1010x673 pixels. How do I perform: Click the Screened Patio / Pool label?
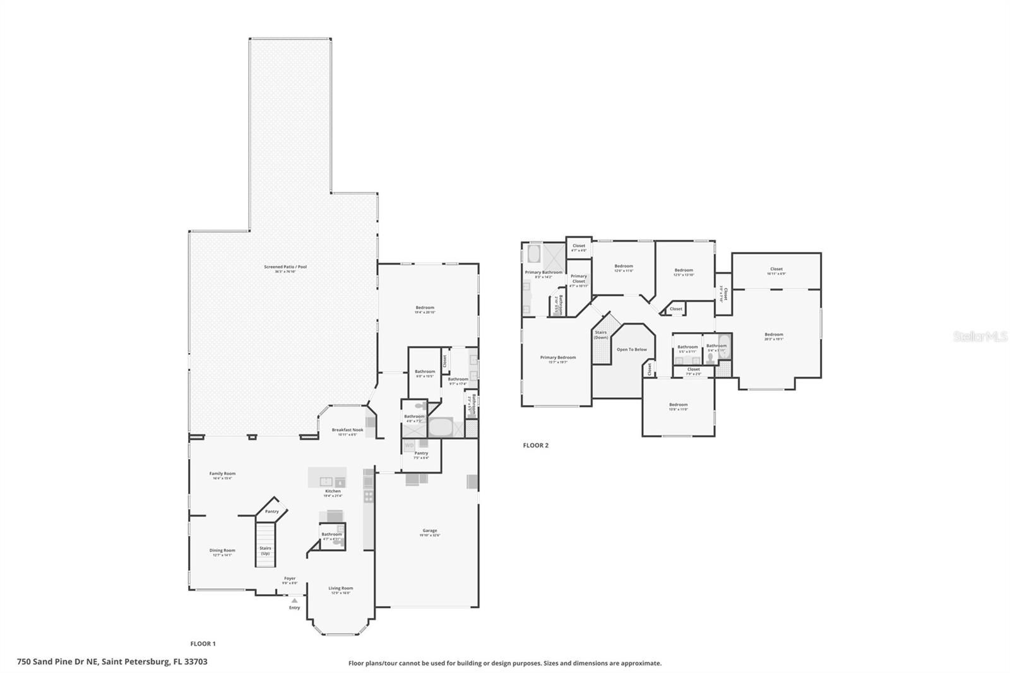(x=285, y=267)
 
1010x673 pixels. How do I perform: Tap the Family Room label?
(x=222, y=473)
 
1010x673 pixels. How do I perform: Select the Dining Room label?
(x=222, y=551)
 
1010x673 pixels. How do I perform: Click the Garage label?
(x=429, y=531)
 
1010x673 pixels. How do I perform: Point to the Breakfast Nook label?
(x=347, y=430)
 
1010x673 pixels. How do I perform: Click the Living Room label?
(x=340, y=588)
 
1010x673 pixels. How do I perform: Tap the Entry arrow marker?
(x=294, y=600)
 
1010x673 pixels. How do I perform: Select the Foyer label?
(x=290, y=578)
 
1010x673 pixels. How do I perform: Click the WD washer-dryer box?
(x=409, y=446)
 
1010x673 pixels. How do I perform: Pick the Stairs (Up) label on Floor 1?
(x=265, y=551)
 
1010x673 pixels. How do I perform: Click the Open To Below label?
(x=631, y=349)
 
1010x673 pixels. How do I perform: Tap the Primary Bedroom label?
(x=557, y=357)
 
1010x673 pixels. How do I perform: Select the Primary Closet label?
(x=578, y=278)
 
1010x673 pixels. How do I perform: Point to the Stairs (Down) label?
(x=600, y=335)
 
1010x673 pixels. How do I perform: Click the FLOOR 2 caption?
(x=535, y=445)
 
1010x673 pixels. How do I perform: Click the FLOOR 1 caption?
(x=203, y=644)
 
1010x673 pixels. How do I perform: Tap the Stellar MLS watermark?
(x=980, y=336)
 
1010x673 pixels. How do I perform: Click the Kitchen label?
(x=333, y=491)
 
